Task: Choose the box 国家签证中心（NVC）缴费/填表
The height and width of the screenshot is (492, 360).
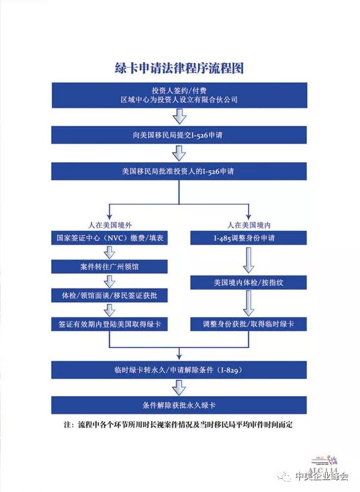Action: point(110,238)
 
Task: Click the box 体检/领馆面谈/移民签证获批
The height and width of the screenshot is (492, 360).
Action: point(110,295)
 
